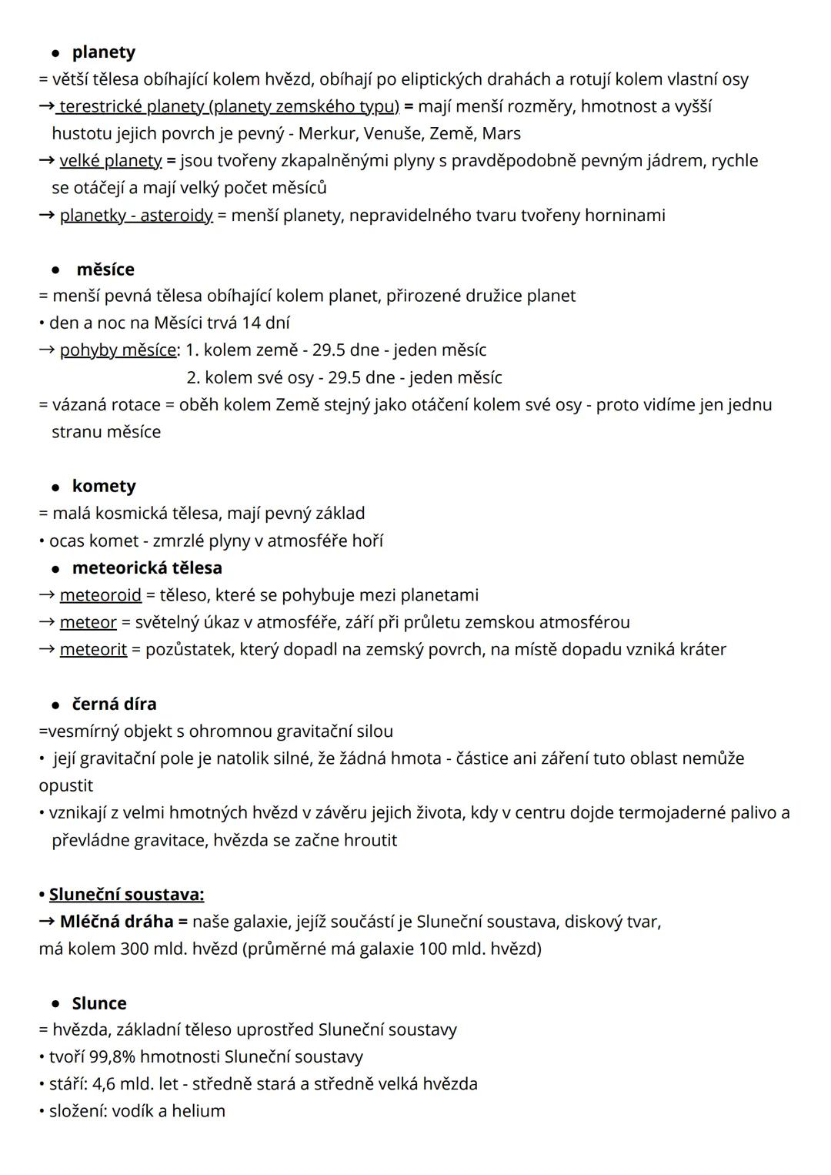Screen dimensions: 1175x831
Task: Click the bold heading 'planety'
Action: tap(103, 52)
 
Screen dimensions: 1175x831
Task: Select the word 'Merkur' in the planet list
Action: tap(325, 134)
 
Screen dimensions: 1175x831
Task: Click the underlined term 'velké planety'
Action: tap(110, 161)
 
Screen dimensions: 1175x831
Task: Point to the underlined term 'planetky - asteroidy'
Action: tap(135, 216)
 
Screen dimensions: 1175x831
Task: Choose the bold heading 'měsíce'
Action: tap(105, 269)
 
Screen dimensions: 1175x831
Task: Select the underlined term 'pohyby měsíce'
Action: tap(118, 350)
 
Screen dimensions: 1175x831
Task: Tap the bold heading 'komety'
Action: tap(104, 487)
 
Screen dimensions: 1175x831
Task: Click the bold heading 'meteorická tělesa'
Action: tap(147, 568)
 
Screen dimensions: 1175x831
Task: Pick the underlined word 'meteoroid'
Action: tap(100, 595)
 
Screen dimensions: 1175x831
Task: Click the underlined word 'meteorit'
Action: tap(93, 650)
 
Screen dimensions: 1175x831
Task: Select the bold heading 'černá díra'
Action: tap(114, 705)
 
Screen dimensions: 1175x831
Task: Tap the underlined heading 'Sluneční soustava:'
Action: tap(126, 895)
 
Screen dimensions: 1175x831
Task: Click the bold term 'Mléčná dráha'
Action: tap(116, 922)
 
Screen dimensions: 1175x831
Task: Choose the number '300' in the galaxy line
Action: tap(135, 949)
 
